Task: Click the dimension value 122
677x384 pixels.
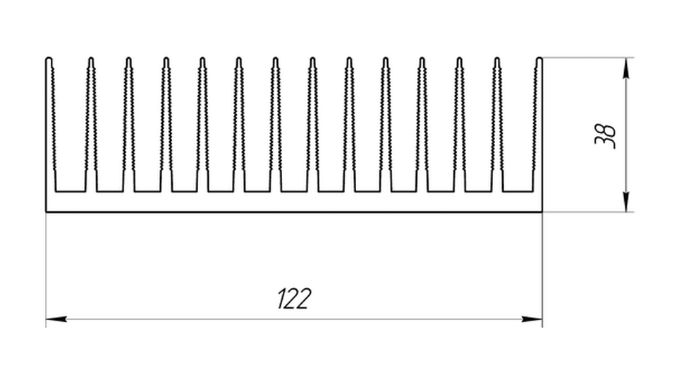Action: point(293,299)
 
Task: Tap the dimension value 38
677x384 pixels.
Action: point(605,137)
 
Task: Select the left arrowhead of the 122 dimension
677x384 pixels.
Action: point(56,319)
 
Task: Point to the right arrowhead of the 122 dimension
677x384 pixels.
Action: point(532,319)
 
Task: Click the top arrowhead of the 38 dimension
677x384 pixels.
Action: point(626,68)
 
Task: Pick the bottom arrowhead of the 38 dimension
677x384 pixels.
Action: point(626,202)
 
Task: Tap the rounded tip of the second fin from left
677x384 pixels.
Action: point(91,60)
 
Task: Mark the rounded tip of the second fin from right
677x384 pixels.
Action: point(497,60)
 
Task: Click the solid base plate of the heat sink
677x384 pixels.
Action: point(294,202)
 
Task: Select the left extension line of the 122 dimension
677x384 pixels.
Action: point(46,270)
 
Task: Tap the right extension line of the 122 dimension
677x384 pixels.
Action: point(542,270)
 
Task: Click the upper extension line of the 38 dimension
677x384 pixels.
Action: point(588,57)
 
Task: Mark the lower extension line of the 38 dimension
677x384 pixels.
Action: point(588,212)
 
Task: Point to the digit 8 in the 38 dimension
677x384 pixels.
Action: point(605,130)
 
